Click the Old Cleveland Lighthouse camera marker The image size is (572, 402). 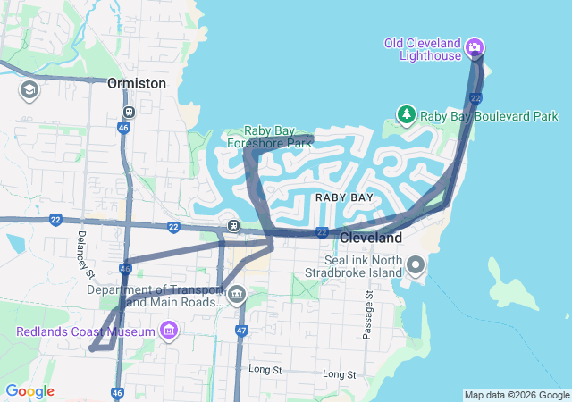475,47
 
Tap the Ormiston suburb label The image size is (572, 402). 137,83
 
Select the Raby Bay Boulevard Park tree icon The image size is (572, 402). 407,115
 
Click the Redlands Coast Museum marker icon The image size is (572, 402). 167,332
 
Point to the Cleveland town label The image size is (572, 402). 371,239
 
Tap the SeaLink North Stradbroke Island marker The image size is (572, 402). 416,265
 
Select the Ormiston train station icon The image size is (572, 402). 130,113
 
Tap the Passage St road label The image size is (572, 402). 367,314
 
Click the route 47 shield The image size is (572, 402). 241,331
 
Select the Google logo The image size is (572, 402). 29,391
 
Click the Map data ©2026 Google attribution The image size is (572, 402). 517,395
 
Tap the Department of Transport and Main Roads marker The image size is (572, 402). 236,297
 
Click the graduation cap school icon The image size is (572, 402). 29,89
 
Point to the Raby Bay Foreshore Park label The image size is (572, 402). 281,136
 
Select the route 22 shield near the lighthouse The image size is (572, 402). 476,96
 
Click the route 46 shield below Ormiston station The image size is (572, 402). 122,129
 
